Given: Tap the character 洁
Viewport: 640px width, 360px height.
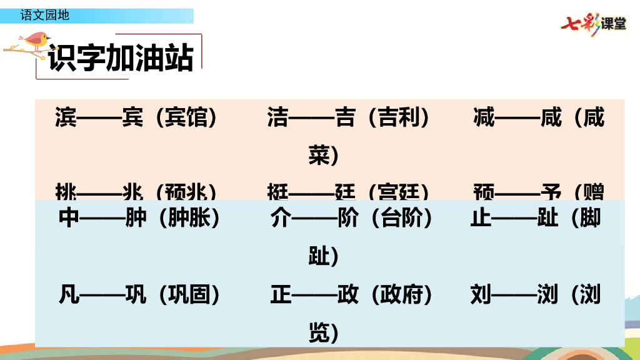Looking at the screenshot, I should [278, 117].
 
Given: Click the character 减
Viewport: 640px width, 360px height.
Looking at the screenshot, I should [484, 117].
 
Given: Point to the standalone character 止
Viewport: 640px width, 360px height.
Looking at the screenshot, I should [481, 217].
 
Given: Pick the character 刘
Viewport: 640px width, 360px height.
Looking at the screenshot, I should [481, 294].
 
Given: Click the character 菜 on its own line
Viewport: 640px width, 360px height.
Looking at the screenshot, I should [319, 156].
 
